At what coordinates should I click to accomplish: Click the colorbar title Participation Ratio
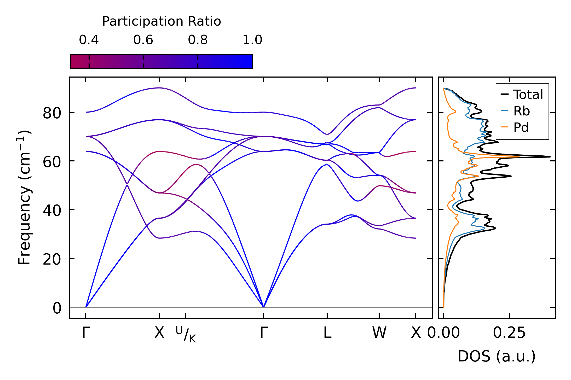point(161,21)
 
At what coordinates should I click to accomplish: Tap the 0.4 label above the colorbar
point(89,40)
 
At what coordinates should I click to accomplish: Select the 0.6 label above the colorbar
point(143,40)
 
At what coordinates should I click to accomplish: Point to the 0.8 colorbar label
point(198,40)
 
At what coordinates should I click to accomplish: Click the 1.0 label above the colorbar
point(252,40)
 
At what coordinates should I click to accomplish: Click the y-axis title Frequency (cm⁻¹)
point(24,197)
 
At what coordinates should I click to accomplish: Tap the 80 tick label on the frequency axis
point(52,113)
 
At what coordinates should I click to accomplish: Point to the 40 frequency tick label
point(52,211)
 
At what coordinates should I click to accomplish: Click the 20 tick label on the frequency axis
point(52,259)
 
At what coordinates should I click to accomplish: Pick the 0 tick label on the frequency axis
point(57,308)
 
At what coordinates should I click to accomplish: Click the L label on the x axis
point(327,333)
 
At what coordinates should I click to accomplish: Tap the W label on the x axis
point(379,333)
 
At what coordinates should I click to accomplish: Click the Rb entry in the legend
point(522,111)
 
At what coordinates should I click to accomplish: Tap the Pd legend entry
point(521,128)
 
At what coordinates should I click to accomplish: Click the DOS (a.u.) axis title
point(497,356)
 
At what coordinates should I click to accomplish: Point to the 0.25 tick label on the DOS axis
point(509,333)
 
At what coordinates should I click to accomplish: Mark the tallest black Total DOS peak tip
point(550,157)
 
